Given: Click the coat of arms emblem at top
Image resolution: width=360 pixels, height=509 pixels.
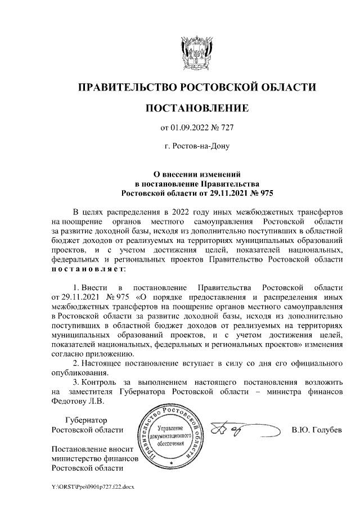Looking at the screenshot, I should click(x=196, y=51).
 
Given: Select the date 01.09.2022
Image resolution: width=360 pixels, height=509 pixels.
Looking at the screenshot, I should click(x=189, y=128).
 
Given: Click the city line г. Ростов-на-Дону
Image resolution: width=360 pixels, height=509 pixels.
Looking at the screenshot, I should click(x=196, y=147).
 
